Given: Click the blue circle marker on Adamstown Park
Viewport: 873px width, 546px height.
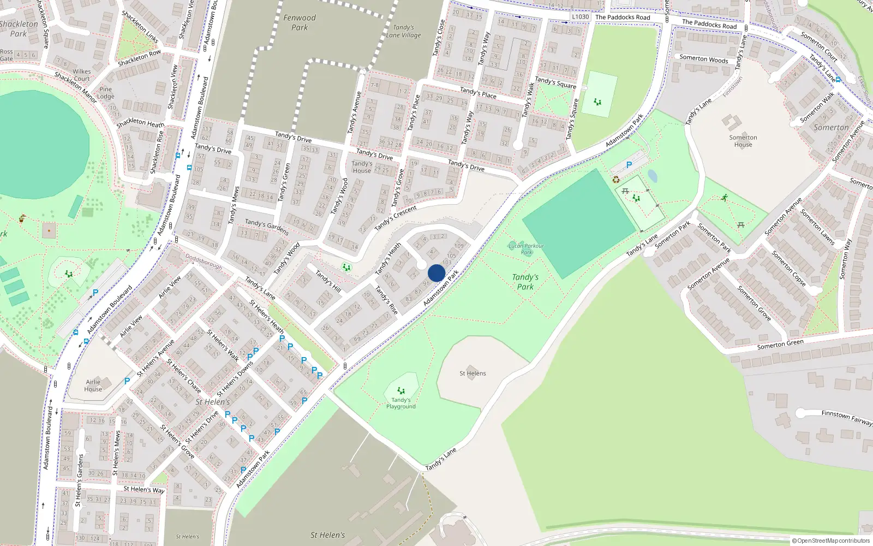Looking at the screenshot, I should click(x=436, y=273).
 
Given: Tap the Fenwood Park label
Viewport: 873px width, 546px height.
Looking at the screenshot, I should click(x=300, y=22).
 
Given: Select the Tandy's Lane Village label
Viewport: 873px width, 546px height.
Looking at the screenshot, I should click(x=404, y=31).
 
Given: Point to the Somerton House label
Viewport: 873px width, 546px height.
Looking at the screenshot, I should click(x=743, y=141).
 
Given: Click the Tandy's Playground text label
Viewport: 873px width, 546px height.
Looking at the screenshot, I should click(x=401, y=403).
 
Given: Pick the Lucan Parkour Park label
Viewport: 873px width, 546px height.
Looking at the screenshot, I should click(x=526, y=249).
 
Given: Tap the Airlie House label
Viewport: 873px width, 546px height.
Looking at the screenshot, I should click(x=93, y=385).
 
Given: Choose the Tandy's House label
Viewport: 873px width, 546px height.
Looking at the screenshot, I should click(x=362, y=167).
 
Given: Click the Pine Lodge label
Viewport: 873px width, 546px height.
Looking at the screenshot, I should click(x=106, y=93).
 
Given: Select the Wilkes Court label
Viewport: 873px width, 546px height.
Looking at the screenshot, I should click(x=82, y=75).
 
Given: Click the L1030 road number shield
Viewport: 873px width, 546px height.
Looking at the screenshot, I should click(x=581, y=17).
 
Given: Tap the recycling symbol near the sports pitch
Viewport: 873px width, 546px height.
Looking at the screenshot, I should click(x=616, y=180).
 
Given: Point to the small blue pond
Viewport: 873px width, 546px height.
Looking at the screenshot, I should click(x=653, y=176).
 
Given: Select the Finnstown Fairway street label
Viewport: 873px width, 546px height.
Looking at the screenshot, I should click(x=847, y=418).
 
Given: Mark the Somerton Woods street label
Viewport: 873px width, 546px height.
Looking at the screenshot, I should click(x=703, y=59).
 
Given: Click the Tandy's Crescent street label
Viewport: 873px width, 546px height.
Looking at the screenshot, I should click(x=396, y=217).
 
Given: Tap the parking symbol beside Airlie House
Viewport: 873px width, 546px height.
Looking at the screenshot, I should click(x=127, y=381).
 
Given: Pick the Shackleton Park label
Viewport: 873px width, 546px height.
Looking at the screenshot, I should click(x=19, y=28).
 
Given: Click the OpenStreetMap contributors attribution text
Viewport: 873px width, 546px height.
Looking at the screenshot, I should click(x=831, y=541).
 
